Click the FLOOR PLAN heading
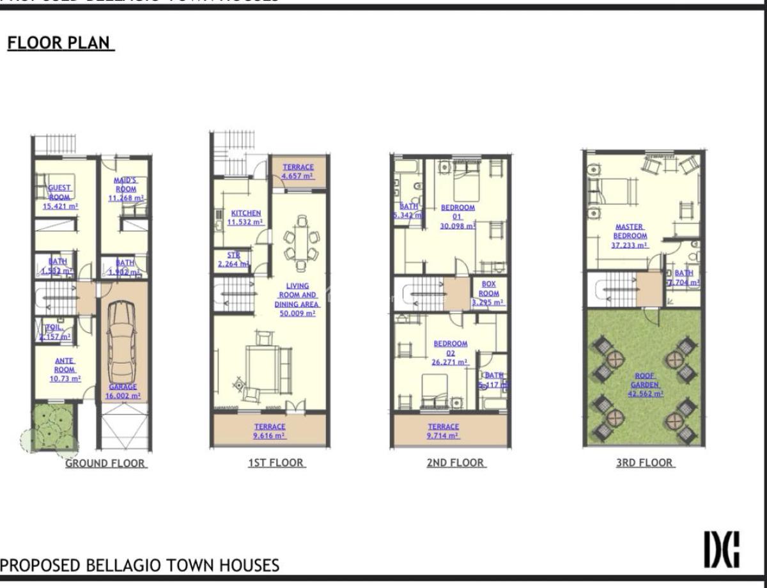click(60, 43)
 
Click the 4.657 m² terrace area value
click(298, 176)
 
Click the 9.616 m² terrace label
click(269, 431)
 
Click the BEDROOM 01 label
click(458, 217)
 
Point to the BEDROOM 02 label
click(450, 352)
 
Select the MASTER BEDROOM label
click(629, 235)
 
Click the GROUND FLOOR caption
click(105, 463)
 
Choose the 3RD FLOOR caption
click(644, 463)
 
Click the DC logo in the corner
click(722, 549)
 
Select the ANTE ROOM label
click(65, 369)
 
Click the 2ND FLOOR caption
click(456, 463)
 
